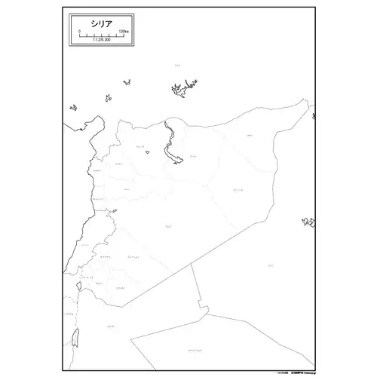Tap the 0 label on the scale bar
click(79, 32)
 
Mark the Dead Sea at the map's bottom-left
click(78, 336)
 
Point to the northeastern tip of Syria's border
click(311, 109)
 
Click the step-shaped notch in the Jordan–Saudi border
click(202, 306)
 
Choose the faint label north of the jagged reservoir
click(177, 66)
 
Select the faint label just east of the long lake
click(194, 156)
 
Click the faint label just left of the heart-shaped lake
click(139, 148)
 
